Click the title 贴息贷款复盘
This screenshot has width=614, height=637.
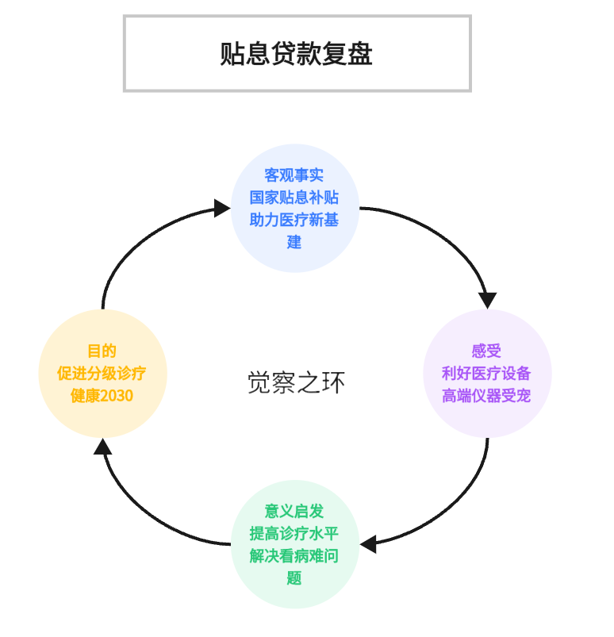pyautogui.click(x=297, y=54)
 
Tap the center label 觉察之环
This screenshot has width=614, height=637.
pyautogui.click(x=296, y=383)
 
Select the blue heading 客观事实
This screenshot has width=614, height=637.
pyautogui.click(x=294, y=175)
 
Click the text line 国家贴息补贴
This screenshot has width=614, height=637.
pyautogui.click(x=294, y=198)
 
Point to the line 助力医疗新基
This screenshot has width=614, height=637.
pyautogui.click(x=294, y=220)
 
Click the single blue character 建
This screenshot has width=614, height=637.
pyautogui.click(x=294, y=242)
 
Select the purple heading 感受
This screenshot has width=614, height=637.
pyautogui.click(x=487, y=351)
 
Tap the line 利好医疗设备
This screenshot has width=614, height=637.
pyautogui.click(x=487, y=373)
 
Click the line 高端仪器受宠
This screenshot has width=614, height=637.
pyautogui.click(x=487, y=395)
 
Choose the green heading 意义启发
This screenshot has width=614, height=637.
pyautogui.click(x=294, y=512)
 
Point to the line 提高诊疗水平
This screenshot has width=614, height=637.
pyautogui.click(x=294, y=534)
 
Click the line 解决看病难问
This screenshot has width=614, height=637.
pyautogui.click(x=294, y=556)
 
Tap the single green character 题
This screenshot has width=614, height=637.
pyautogui.click(x=294, y=578)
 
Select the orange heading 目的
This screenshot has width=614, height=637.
pyautogui.click(x=102, y=351)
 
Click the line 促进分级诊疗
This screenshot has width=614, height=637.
pyautogui.click(x=102, y=373)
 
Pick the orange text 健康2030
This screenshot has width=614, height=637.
pyautogui.click(x=102, y=395)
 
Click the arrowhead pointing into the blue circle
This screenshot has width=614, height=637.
pyautogui.click(x=223, y=209)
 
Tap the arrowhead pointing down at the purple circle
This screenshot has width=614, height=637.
pyautogui.click(x=487, y=301)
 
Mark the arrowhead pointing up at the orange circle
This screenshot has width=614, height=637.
pyautogui.click(x=102, y=447)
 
